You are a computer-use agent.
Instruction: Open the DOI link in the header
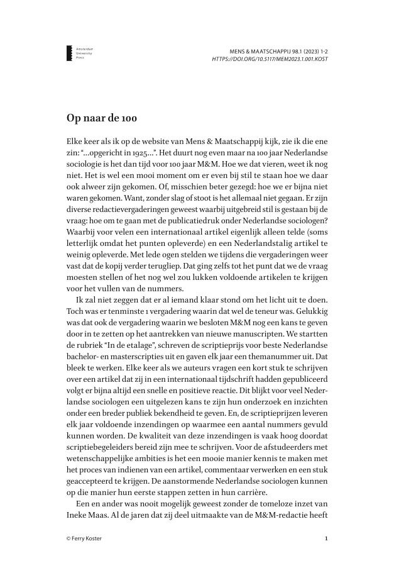click(x=270, y=59)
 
